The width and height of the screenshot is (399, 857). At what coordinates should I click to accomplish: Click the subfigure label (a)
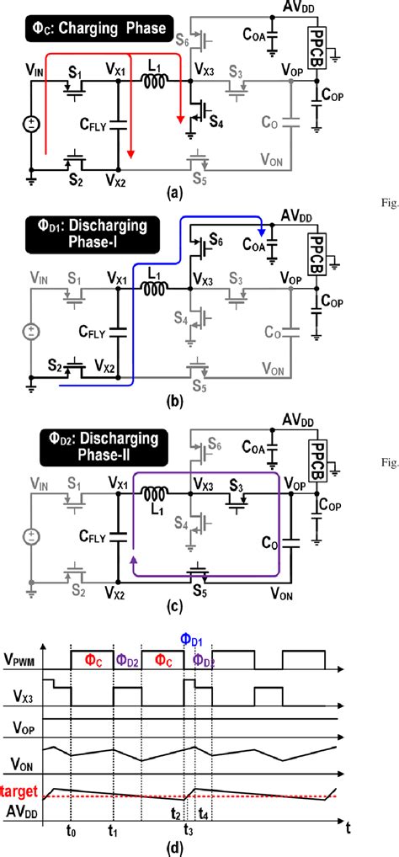coord(174,192)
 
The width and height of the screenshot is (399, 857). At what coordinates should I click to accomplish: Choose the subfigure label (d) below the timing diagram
coord(174,846)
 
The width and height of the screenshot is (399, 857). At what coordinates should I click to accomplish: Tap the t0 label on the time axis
coord(72,828)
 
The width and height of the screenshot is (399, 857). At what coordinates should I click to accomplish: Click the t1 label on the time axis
coord(112,828)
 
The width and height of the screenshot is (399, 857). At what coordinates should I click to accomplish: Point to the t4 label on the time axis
coord(204,815)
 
